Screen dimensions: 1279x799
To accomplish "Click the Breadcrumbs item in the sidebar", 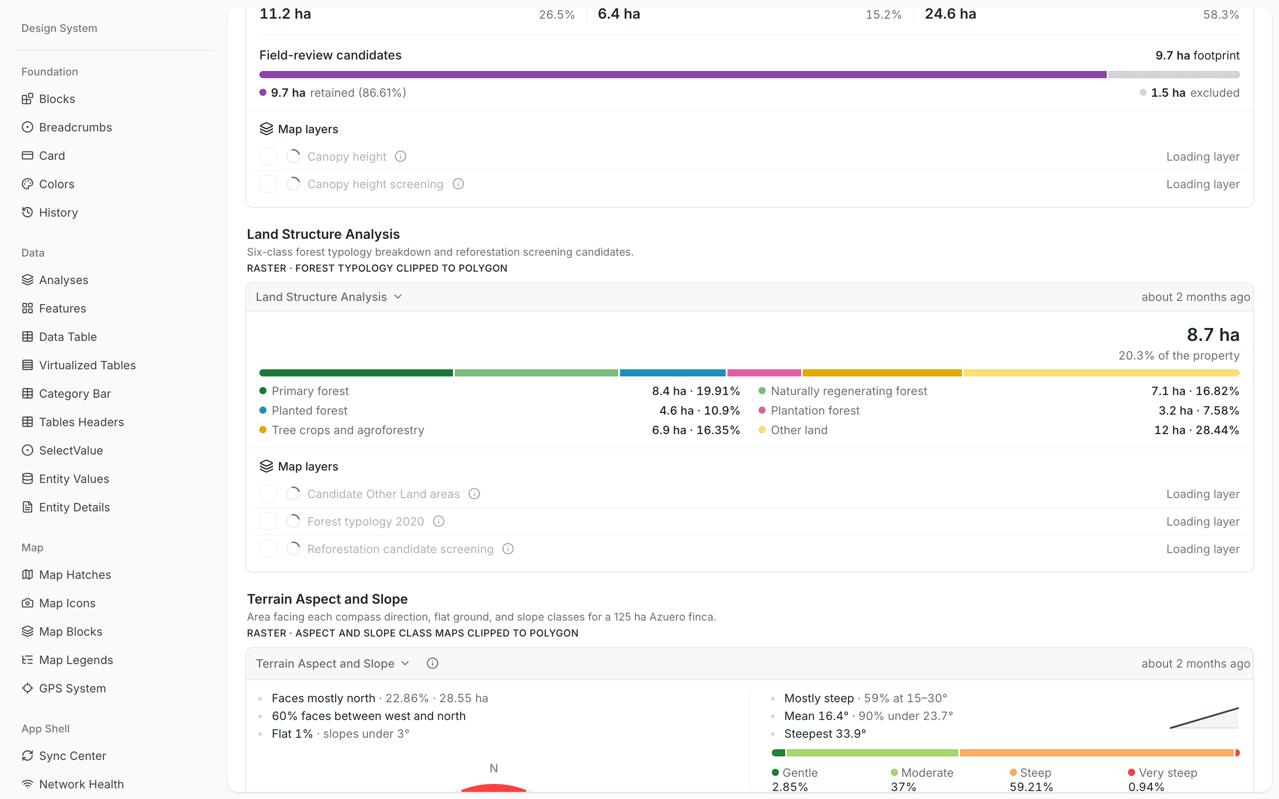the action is pos(67,127).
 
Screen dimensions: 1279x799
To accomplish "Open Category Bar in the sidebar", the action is pos(66,394).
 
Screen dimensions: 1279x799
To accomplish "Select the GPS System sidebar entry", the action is pos(64,688).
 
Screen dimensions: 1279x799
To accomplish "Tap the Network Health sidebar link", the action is pos(72,784).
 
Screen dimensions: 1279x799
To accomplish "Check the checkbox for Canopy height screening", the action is pos(268,184).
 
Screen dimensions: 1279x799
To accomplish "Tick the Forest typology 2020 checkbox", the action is pos(268,522).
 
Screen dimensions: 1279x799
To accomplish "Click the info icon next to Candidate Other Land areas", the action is pos(475,494).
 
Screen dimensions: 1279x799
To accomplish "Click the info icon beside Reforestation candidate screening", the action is pos(508,549).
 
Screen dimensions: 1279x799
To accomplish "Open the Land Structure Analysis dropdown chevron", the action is pos(398,297).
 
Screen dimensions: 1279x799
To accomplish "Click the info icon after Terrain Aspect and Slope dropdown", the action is pos(432,664).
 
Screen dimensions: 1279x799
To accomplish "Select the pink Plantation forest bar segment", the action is pos(764,373).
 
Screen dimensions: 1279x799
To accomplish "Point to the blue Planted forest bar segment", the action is pos(672,373).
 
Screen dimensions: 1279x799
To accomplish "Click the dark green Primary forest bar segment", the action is pos(356,373).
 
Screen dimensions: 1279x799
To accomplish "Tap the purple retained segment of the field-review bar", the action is pos(683,75).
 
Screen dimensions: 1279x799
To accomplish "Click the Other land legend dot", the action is pos(762,430).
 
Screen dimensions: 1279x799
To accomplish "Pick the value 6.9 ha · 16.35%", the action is pos(695,430).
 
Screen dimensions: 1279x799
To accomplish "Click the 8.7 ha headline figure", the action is pos(1213,335).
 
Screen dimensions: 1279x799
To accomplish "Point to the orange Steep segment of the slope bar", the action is pos(1096,753).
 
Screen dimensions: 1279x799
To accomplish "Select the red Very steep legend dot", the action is pos(1132,772).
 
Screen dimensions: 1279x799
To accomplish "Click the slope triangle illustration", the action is pos(1204,718).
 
